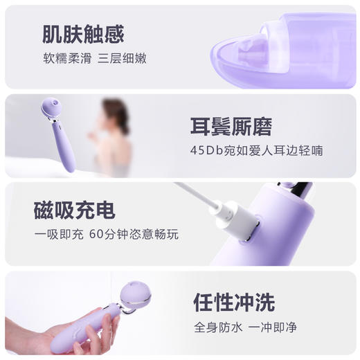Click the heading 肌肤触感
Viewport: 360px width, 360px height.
coord(83,34)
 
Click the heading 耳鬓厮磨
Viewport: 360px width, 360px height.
coord(231,127)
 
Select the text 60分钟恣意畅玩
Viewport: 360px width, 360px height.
coord(134,235)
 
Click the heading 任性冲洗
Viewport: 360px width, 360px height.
coord(234,303)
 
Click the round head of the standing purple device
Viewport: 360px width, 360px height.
coord(51,108)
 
